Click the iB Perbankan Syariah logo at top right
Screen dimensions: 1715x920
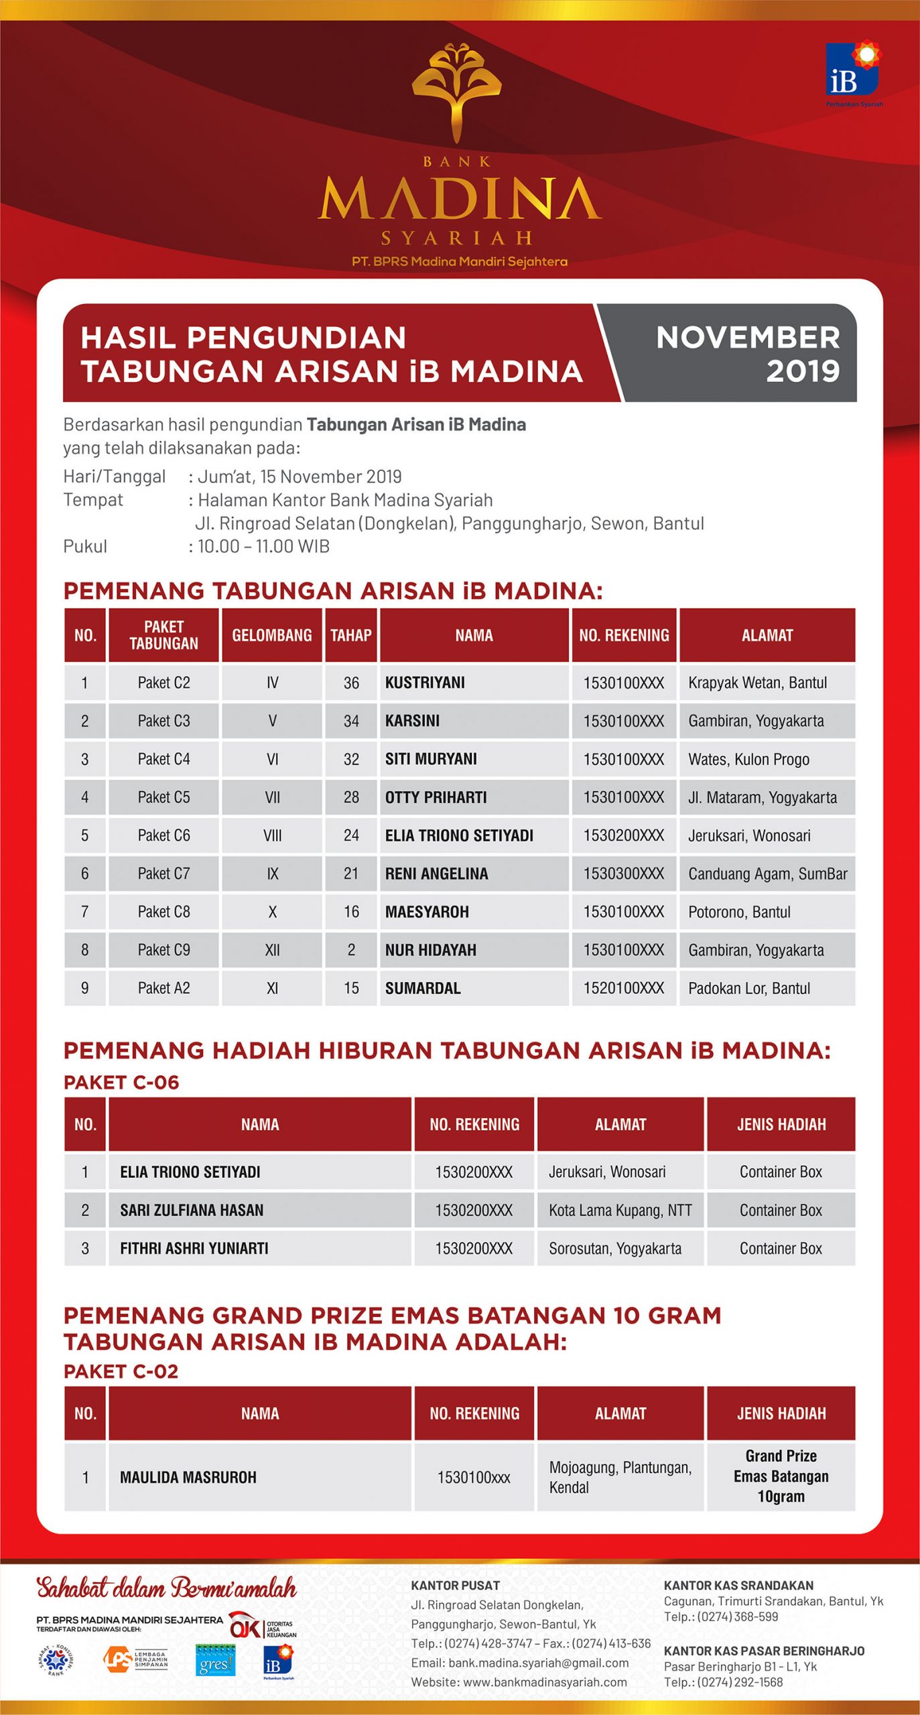pyautogui.click(x=853, y=72)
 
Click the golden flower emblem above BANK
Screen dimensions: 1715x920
pyautogui.click(x=457, y=90)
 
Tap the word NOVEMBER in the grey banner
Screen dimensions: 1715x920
pyautogui.click(x=747, y=338)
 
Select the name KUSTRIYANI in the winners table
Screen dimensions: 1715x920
pyautogui.click(x=425, y=683)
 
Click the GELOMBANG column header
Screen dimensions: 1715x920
pyautogui.click(x=272, y=635)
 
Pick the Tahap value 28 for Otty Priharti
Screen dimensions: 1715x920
pyautogui.click(x=351, y=797)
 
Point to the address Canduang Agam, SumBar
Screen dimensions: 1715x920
pyautogui.click(x=767, y=874)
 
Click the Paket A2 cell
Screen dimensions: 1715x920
pyautogui.click(x=163, y=988)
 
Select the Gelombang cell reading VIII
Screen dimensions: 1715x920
pyautogui.click(x=272, y=835)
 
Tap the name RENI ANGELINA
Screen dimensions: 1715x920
pyautogui.click(x=436, y=874)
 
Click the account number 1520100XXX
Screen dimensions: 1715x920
pyautogui.click(x=623, y=988)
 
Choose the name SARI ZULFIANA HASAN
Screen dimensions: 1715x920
pyautogui.click(x=192, y=1210)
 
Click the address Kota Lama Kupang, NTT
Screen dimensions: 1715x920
pyautogui.click(x=620, y=1210)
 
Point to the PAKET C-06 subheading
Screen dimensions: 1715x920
pyautogui.click(x=121, y=1083)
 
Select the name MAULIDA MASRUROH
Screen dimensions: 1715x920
pyautogui.click(x=188, y=1477)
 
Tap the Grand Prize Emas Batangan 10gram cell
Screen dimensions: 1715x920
pyautogui.click(x=781, y=1477)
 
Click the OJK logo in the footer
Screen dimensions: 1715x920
pyautogui.click(x=246, y=1625)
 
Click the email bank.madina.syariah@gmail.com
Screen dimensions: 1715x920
pyautogui.click(x=519, y=1663)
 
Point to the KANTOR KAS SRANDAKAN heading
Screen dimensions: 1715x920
pyautogui.click(x=738, y=1585)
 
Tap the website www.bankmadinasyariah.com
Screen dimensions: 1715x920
pyautogui.click(x=519, y=1682)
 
